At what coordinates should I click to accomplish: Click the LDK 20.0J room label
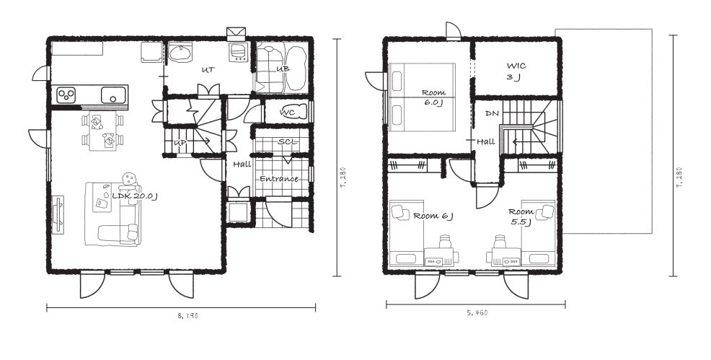coord(134,196)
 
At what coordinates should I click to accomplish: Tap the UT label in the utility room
coord(208,70)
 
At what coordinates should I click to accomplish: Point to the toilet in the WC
coord(296,112)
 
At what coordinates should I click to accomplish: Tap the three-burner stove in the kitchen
coord(66,95)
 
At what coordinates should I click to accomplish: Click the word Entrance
coord(279,179)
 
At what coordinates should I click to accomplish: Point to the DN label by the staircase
coord(492,114)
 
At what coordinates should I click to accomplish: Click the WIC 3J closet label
coord(516,71)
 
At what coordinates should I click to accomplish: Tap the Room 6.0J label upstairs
coord(433,97)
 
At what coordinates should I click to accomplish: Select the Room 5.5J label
coord(520,216)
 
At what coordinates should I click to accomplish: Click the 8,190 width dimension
coord(188,315)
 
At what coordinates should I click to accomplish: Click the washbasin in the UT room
coord(181,53)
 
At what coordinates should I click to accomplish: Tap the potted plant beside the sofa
coord(130,177)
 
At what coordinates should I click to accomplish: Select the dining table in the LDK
coord(103,131)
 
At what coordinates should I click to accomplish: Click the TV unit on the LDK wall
coord(58,214)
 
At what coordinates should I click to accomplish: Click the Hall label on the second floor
coord(485,142)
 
